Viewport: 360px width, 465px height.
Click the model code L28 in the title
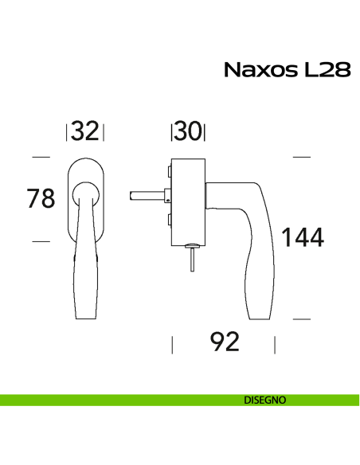(324, 70)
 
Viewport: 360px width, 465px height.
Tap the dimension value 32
(85, 131)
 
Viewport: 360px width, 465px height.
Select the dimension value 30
(188, 131)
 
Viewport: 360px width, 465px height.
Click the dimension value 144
(300, 236)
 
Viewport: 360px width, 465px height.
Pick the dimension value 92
(225, 343)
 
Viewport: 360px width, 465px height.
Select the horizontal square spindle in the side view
(147, 193)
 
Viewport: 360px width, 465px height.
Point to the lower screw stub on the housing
(169, 220)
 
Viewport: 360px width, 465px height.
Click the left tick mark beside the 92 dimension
(172, 344)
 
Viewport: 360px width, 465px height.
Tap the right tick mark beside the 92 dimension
(276, 344)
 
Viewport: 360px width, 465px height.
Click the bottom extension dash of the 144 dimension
(300, 318)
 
